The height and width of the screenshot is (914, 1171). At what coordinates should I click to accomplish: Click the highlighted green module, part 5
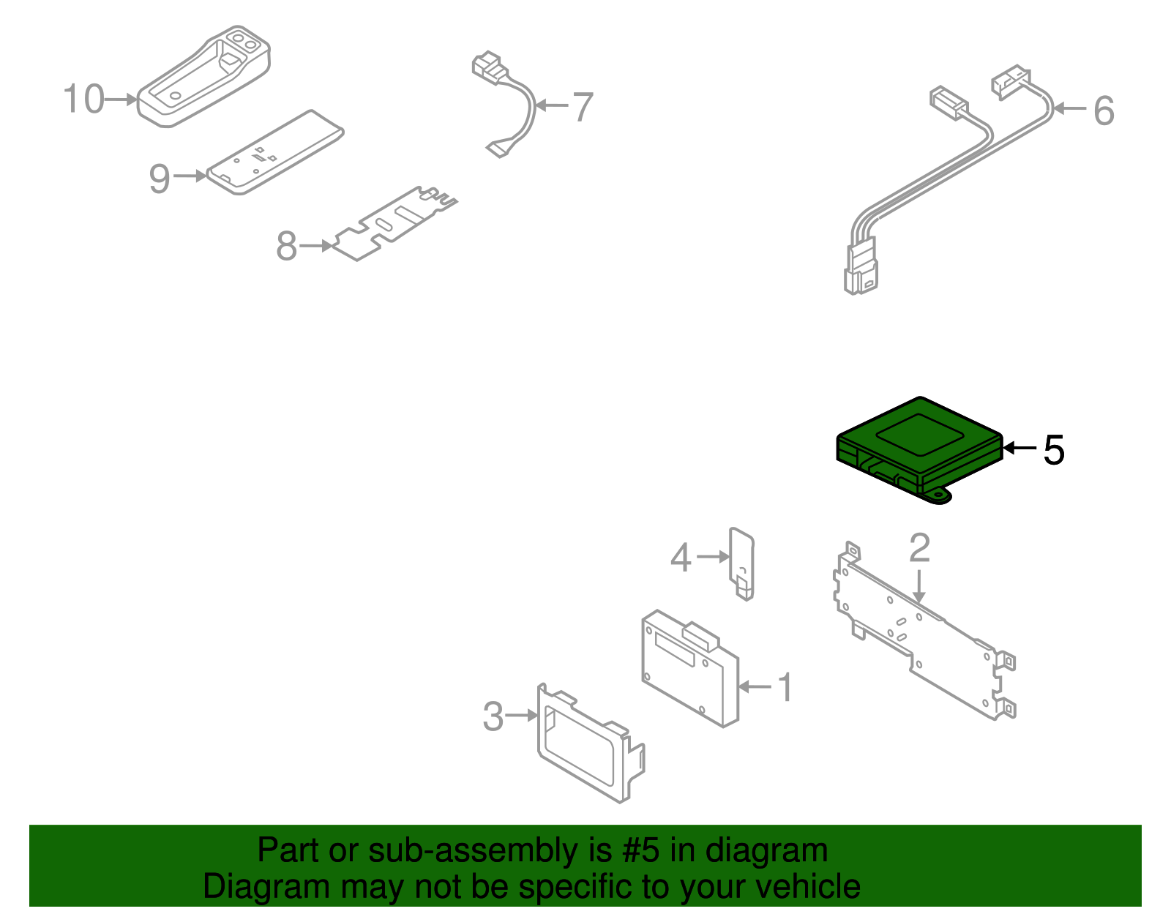pos(919,450)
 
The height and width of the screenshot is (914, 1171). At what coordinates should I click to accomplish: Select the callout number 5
pos(1053,450)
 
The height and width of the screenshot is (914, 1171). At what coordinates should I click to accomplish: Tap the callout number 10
pos(84,99)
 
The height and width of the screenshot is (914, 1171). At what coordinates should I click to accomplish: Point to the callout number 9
pos(160,179)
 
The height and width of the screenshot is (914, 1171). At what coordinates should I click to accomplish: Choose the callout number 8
pos(286,246)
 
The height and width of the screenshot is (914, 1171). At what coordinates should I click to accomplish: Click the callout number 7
pos(583,107)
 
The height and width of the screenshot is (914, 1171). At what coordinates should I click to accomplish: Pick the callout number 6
pos(1104,110)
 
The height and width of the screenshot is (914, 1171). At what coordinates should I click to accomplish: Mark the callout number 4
pos(681,558)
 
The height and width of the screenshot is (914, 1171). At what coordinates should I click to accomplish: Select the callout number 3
pos(493,716)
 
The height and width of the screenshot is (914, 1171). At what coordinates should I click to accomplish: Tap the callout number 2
pos(919,548)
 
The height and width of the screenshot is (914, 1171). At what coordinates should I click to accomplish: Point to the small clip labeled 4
pos(741,564)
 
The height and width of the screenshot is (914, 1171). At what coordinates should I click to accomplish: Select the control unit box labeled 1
pos(689,668)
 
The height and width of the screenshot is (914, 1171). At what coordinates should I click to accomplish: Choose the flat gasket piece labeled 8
pos(395,223)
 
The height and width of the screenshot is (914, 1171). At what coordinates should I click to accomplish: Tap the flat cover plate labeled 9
pos(275,152)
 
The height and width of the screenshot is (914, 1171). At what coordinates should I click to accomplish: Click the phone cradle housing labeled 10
pos(203,77)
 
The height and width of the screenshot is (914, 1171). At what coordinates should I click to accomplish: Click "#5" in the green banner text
pos(640,850)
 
